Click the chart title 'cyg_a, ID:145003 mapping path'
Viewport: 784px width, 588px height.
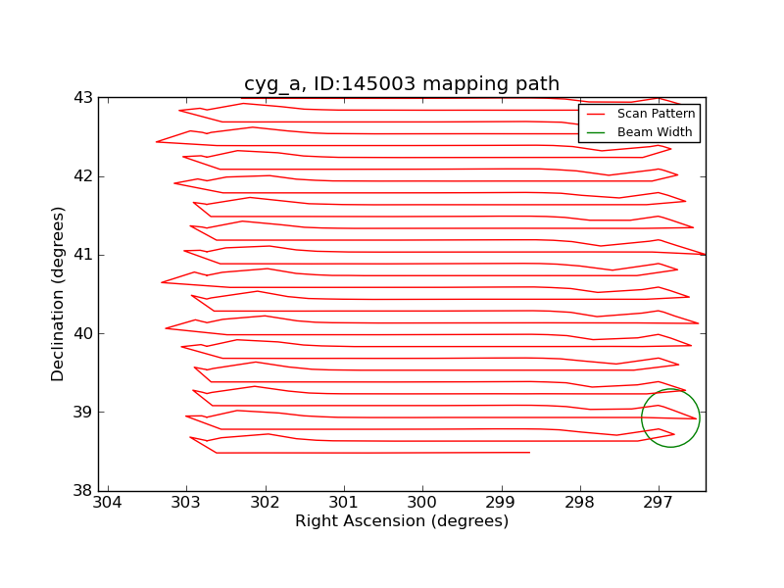click(402, 84)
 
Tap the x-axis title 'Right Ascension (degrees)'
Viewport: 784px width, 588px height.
click(402, 521)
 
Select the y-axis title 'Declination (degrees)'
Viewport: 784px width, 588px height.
click(59, 294)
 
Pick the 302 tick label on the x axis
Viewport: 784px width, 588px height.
click(266, 503)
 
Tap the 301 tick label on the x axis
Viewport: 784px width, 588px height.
click(344, 503)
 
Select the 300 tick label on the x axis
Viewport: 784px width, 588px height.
click(422, 503)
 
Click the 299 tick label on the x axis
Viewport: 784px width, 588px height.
click(501, 503)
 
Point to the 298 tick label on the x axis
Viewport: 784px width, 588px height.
click(579, 503)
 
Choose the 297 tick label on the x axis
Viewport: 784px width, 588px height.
click(658, 503)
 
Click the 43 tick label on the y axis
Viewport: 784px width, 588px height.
click(83, 98)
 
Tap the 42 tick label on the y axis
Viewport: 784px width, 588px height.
click(83, 176)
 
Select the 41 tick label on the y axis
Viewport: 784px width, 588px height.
click(83, 255)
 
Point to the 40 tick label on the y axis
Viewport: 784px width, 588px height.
click(83, 333)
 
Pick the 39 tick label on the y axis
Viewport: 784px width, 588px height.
click(83, 412)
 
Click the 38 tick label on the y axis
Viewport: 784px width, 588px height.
click(83, 490)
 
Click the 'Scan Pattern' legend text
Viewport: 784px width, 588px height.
click(656, 114)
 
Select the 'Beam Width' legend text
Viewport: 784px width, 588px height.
click(655, 132)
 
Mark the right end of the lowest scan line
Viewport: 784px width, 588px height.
click(529, 453)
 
